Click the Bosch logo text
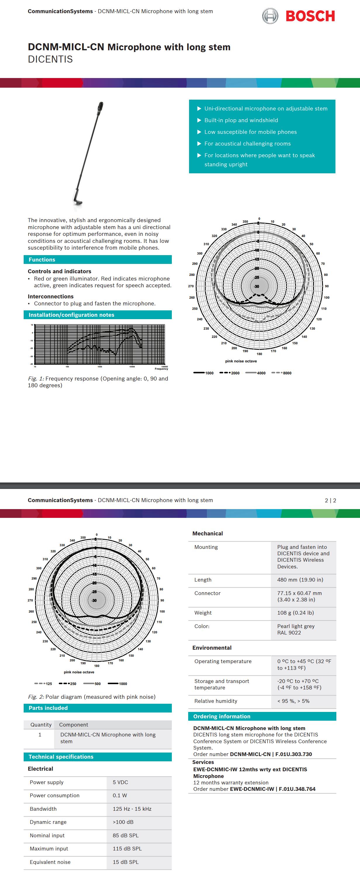310,16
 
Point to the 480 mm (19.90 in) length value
300,580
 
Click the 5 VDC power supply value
120,782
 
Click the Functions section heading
42,260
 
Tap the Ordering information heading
221,716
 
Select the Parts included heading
48,708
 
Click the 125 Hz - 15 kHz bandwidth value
132,809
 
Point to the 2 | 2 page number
330,500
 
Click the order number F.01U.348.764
297,789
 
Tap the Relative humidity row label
216,701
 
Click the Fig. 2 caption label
36,697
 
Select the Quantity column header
41,724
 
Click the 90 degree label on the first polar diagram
327,286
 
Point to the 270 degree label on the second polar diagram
30,600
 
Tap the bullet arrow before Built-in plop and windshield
199,120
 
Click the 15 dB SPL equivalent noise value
125,862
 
